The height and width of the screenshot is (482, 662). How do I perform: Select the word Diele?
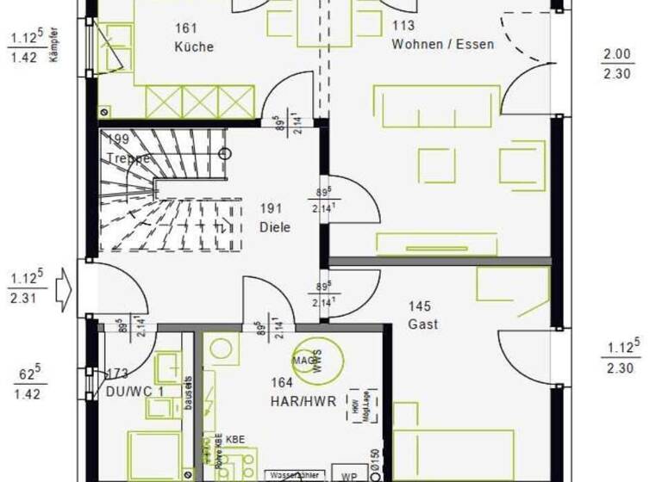(x=275, y=228)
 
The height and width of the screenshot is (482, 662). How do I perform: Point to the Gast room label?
(x=423, y=324)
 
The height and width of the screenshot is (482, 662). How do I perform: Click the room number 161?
(x=186, y=28)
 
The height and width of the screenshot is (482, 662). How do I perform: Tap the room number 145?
(x=420, y=306)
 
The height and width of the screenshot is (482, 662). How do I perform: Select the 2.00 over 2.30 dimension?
(x=617, y=65)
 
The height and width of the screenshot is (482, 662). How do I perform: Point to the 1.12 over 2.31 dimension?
(x=27, y=287)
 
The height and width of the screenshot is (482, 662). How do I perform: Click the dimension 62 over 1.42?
(x=29, y=383)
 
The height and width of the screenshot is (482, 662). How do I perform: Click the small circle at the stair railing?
(x=225, y=154)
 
